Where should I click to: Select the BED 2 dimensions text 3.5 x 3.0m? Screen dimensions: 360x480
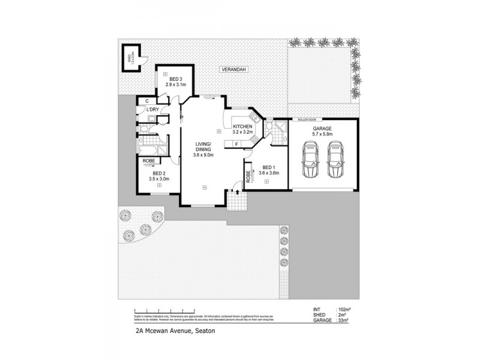[159, 179]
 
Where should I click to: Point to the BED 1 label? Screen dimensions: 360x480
[268, 167]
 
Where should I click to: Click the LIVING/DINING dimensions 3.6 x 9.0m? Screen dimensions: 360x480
[203, 155]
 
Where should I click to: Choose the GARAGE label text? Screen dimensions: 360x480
[322, 128]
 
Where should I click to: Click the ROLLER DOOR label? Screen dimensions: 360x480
[307, 119]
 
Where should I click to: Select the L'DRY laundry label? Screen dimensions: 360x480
[153, 110]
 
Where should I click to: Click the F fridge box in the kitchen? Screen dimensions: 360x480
[237, 144]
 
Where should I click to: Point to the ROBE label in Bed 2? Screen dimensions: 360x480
[149, 161]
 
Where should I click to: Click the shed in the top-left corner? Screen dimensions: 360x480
[130, 58]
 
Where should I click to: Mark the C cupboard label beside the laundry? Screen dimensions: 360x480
[147, 100]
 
